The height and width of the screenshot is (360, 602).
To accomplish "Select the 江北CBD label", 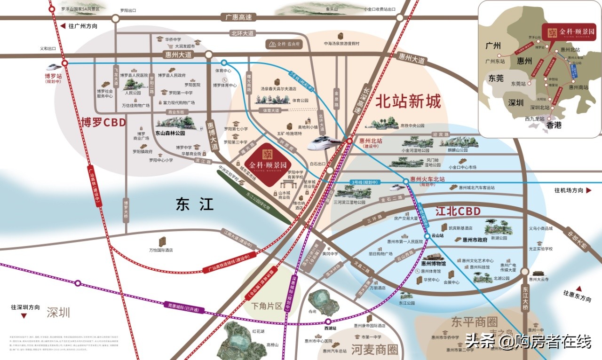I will tap(458, 211).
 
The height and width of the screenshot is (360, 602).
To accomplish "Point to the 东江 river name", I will tap(194, 204).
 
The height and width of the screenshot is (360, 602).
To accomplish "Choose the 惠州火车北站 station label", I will tap(428, 179).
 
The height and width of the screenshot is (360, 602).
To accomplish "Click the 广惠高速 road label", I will tap(238, 17).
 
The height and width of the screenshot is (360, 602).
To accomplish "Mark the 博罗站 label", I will tap(54, 75).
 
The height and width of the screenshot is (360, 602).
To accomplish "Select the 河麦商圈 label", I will tap(374, 349).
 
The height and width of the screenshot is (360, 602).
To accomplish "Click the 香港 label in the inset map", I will tap(554, 125).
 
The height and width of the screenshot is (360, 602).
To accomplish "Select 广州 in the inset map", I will tap(496, 46).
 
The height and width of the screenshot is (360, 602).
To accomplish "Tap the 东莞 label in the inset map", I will tap(496, 78).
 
